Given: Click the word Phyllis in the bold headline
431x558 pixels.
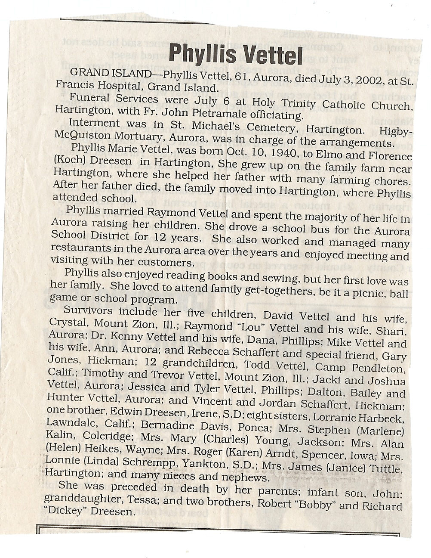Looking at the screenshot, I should [203, 54].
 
